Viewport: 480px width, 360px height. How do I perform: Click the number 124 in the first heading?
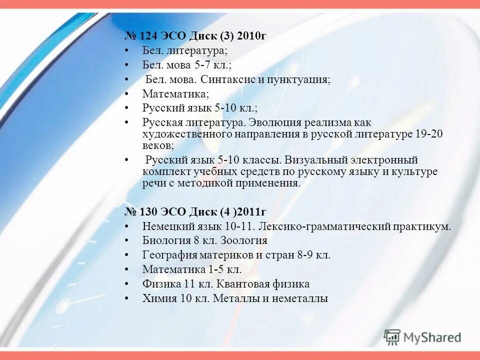pos(148,36)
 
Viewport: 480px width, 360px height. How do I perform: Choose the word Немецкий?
pos(166,226)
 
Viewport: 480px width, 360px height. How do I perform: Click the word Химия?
pos(158,298)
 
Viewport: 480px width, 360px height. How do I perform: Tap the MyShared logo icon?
pos(392,337)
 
